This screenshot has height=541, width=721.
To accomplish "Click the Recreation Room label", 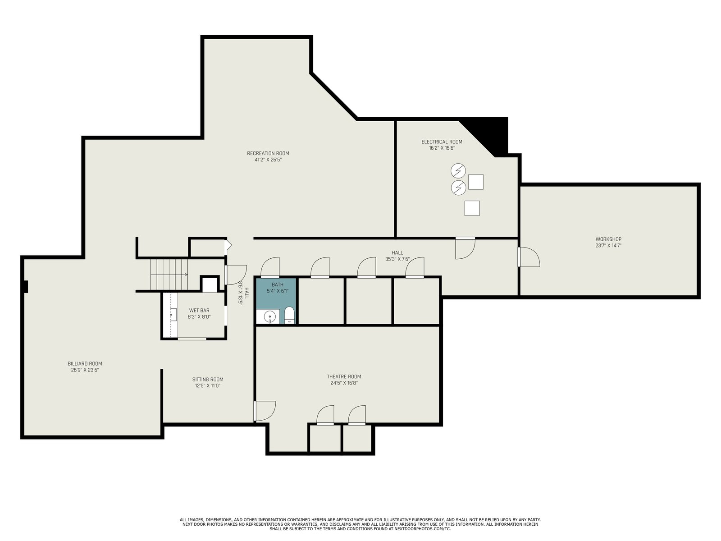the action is point(268,153).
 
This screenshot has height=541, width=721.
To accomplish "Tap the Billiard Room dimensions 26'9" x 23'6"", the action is point(85,370).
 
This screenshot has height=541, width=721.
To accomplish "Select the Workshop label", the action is point(608,239).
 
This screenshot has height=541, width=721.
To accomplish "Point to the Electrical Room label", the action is point(442,142).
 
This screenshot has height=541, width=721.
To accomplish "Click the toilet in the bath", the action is point(289,315).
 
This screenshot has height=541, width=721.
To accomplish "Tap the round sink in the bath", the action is point(269,316).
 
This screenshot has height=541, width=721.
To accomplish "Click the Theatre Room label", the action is point(344,376).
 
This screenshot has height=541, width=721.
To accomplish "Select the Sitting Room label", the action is point(208,380).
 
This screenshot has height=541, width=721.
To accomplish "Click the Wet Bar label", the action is point(199,311).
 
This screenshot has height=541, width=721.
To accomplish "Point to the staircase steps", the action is point(169,274).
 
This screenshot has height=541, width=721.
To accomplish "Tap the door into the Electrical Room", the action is point(465,248).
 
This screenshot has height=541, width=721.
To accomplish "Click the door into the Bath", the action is point(270,267).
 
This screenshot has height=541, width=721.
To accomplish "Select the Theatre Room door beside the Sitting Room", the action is point(265,411).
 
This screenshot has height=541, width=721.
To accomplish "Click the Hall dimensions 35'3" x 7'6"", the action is point(397,259).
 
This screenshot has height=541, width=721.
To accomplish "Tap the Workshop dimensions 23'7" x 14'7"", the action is point(608,245).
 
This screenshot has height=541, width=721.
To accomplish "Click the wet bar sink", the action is point(173,315).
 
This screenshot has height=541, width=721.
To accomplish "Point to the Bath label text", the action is point(277,284).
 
